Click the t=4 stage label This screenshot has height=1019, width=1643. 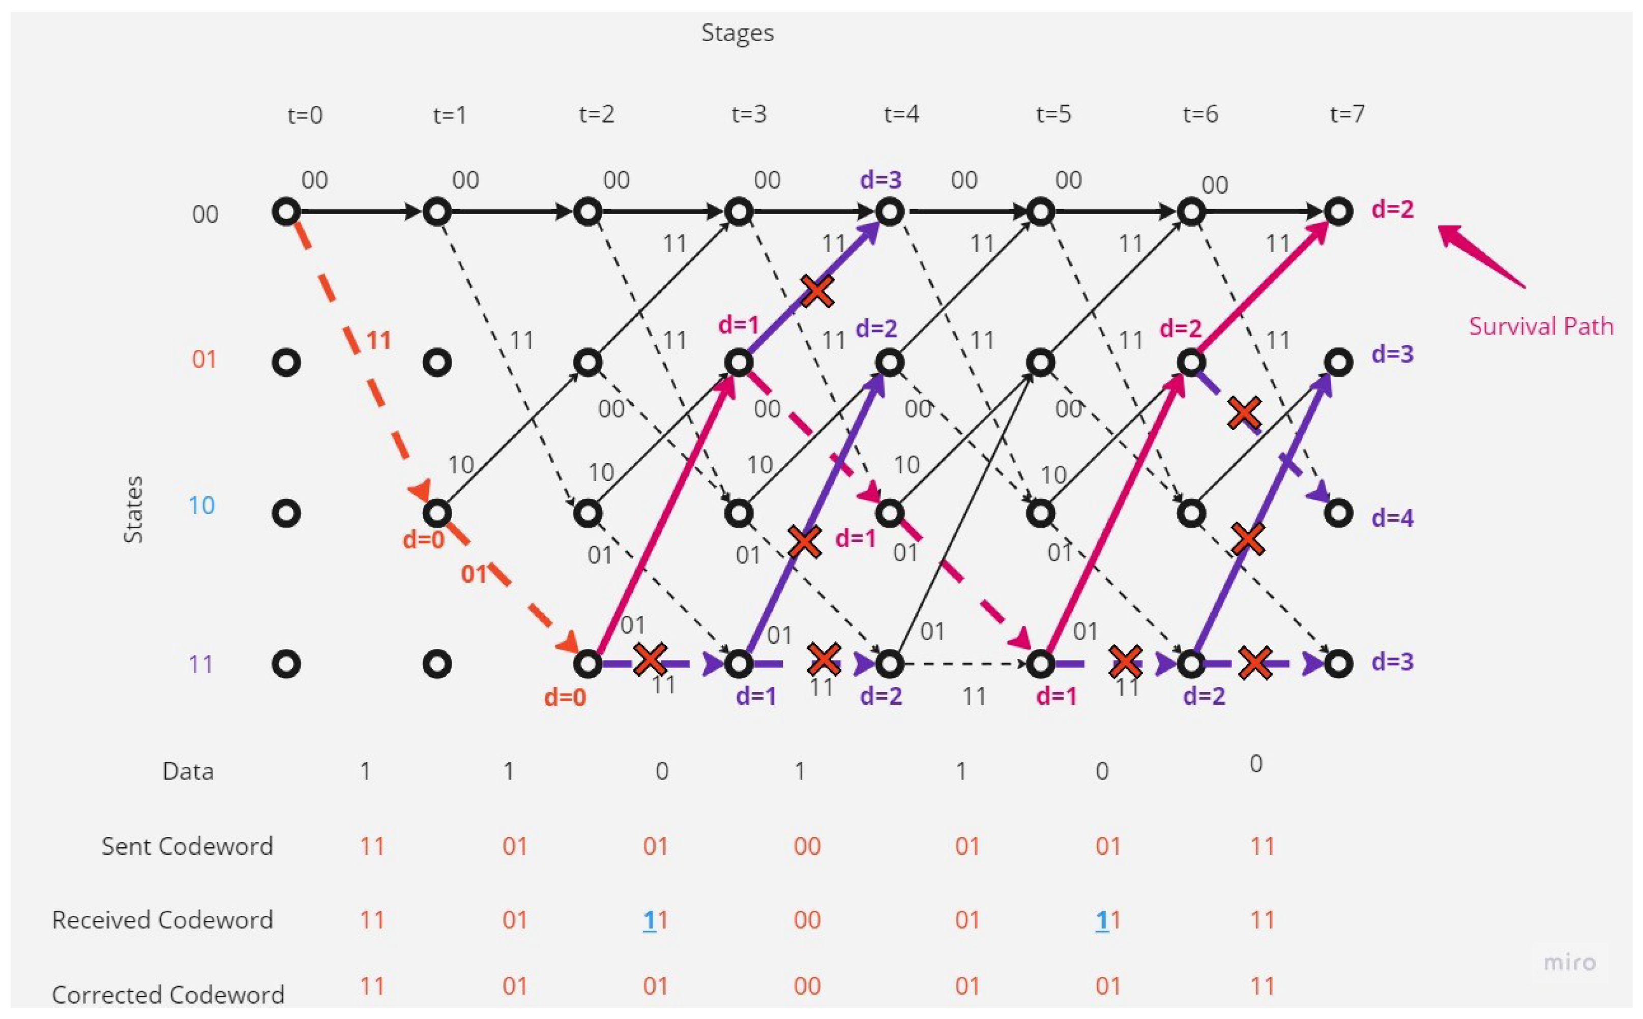click(901, 114)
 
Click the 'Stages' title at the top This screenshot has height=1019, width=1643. click(737, 33)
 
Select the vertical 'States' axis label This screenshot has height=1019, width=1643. click(133, 509)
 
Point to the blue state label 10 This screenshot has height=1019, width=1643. click(201, 505)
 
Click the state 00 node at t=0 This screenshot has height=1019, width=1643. click(286, 212)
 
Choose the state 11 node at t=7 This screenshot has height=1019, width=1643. click(1338, 664)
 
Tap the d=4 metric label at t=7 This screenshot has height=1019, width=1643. click(1392, 518)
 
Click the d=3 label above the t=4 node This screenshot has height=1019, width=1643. click(881, 180)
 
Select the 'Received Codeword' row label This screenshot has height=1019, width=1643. click(162, 920)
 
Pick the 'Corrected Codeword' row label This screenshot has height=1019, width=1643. click(168, 995)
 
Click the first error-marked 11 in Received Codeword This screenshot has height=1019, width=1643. click(655, 920)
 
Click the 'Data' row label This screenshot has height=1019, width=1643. click(188, 771)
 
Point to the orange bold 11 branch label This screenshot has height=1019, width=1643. click(379, 340)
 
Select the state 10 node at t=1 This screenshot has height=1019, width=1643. click(437, 514)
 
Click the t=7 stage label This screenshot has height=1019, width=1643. click(1347, 114)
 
